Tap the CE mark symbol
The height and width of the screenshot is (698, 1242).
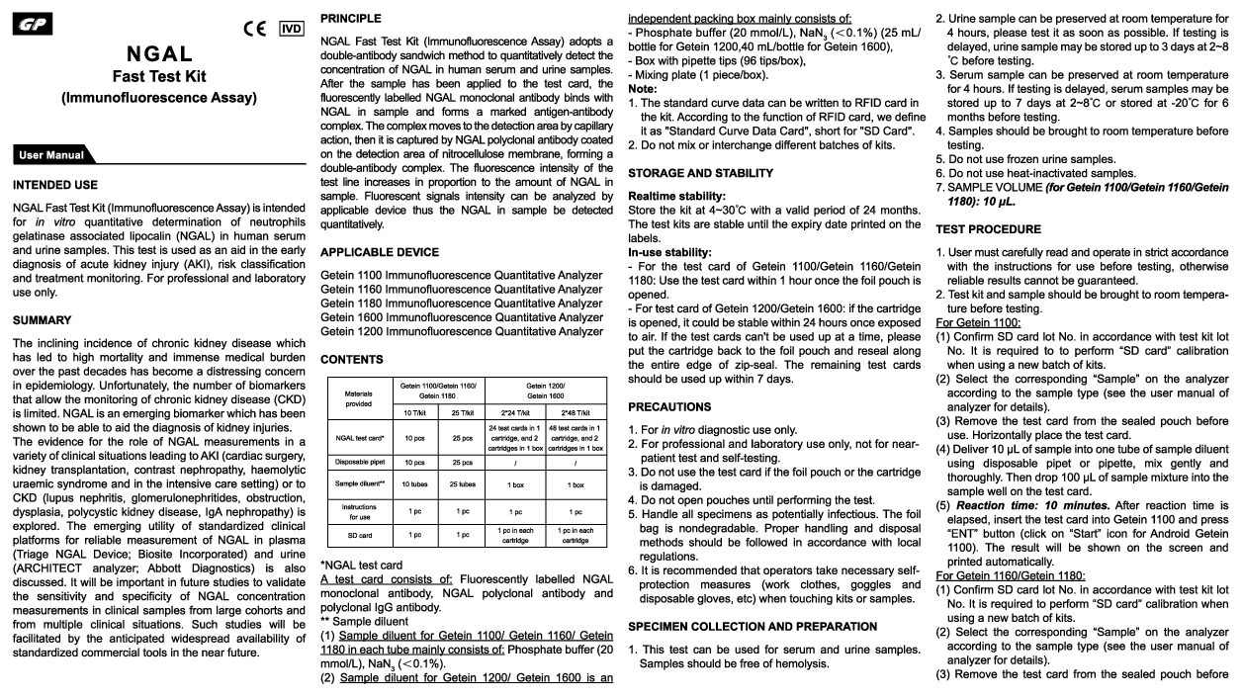click(x=254, y=28)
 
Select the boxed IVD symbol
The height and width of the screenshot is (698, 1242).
click(x=291, y=28)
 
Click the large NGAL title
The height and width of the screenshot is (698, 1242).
click(x=158, y=53)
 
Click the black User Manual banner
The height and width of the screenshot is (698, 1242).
click(x=52, y=154)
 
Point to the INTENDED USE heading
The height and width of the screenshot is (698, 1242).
click(x=55, y=185)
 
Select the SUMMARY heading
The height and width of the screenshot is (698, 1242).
click(x=42, y=320)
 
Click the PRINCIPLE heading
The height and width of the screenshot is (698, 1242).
click(x=351, y=19)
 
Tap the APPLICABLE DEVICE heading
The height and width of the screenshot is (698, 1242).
click(x=380, y=252)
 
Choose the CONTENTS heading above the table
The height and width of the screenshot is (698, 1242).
click(x=352, y=359)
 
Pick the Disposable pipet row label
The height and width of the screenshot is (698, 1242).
click(x=357, y=461)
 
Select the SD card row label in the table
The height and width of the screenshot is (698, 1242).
click(x=357, y=535)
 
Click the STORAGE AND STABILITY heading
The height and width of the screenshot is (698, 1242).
click(x=701, y=173)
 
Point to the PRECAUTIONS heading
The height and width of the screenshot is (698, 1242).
click(x=669, y=406)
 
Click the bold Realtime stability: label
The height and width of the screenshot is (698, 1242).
click(x=676, y=197)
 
